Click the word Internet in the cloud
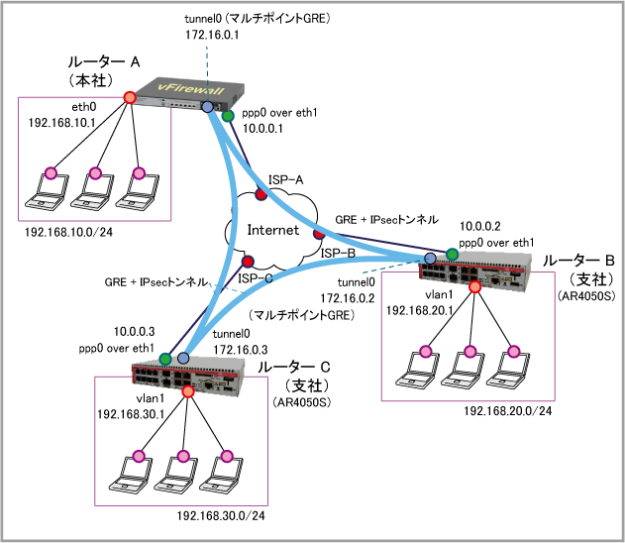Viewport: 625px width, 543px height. (x=272, y=230)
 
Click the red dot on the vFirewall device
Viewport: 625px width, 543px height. (x=130, y=97)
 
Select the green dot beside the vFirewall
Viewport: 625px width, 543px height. (x=228, y=116)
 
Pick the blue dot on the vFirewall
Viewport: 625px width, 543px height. (x=207, y=106)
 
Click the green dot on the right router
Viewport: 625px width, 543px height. (x=452, y=255)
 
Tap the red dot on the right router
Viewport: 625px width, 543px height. (x=474, y=287)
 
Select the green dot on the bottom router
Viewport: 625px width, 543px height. (x=165, y=359)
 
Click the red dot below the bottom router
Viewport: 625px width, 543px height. (x=188, y=391)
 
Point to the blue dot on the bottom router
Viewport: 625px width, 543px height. (x=183, y=358)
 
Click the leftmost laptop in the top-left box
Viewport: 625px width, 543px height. (x=48, y=191)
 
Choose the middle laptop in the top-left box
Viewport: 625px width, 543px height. (x=91, y=191)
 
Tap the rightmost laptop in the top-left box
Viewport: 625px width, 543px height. (x=137, y=191)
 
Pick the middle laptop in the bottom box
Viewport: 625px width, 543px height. (x=175, y=475)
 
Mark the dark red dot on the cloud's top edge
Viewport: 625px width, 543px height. (x=261, y=194)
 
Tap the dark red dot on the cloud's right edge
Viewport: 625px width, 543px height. (x=319, y=234)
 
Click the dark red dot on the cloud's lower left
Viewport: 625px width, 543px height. (x=248, y=262)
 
